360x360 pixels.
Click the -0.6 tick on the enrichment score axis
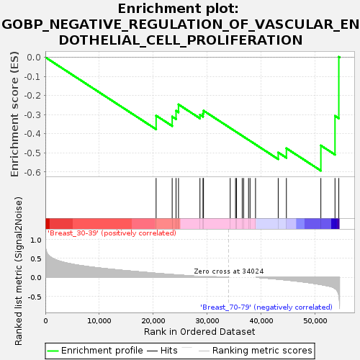[x=33, y=172]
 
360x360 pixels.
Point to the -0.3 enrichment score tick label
[x=33, y=115]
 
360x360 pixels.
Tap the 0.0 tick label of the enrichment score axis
[x=34, y=58]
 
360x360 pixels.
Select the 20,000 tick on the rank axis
[x=153, y=321]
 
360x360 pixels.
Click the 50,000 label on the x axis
[x=315, y=321]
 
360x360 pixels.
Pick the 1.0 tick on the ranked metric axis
[x=36, y=240]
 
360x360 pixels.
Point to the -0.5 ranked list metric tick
[x=35, y=297]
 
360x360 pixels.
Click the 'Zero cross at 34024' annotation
[x=229, y=271]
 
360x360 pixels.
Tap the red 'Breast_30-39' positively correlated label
[x=112, y=233]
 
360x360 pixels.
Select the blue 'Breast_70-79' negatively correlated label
[x=266, y=307]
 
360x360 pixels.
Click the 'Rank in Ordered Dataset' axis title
[x=199, y=332]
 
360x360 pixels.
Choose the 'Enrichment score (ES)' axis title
[x=14, y=114]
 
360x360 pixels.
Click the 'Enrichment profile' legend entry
[x=95, y=351]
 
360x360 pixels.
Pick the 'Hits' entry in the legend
[x=162, y=351]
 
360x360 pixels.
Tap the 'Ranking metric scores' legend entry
[x=256, y=351]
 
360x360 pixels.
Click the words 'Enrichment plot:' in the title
[x=179, y=9]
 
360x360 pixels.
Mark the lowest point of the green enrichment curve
[x=320, y=171]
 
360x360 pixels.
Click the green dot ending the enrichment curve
[x=339, y=57]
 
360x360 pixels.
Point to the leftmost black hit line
[x=156, y=198]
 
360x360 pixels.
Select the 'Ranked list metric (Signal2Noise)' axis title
[x=18, y=271]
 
